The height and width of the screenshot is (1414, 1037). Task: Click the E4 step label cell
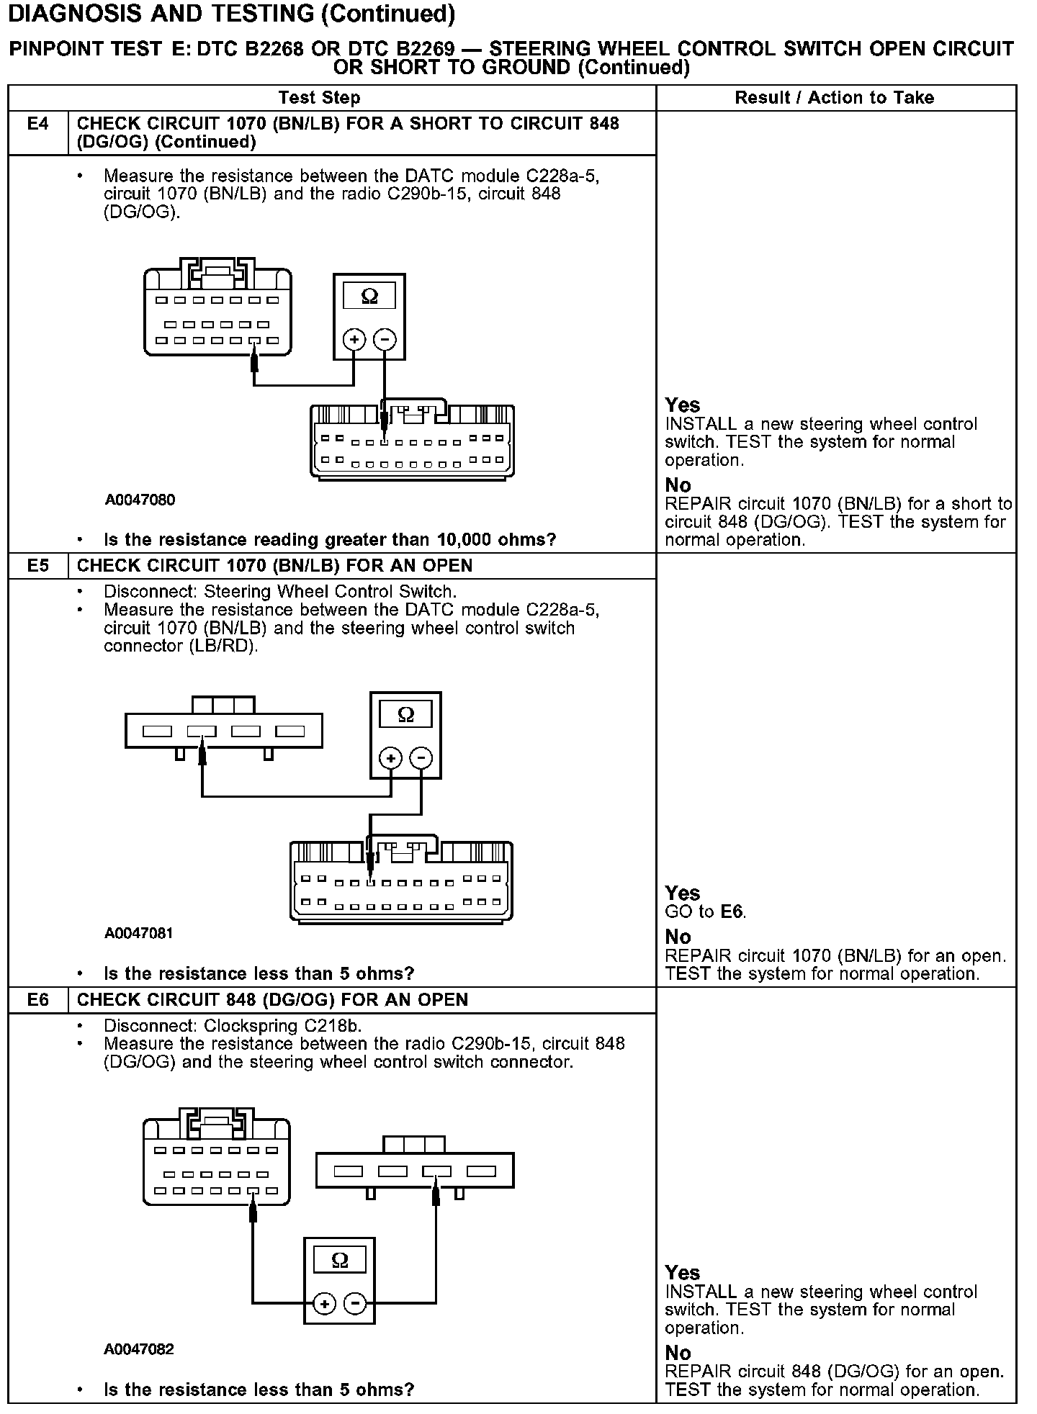click(x=37, y=124)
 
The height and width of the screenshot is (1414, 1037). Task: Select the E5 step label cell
click(x=37, y=566)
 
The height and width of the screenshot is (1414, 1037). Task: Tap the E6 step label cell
click(x=37, y=1000)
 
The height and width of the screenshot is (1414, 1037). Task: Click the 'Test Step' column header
click(x=319, y=98)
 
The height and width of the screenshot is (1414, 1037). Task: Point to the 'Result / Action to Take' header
click(x=834, y=98)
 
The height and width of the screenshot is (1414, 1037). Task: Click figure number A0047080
click(x=140, y=500)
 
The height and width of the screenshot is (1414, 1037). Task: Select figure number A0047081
click(x=139, y=934)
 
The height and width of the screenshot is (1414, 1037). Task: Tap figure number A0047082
click(x=139, y=1348)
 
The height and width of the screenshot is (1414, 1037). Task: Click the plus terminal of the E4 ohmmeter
click(x=354, y=339)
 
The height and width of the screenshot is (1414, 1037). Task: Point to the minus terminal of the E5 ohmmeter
click(x=421, y=757)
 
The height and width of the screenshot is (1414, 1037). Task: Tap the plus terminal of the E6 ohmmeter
click(x=325, y=1303)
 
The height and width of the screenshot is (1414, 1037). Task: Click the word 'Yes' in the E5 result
click(x=682, y=893)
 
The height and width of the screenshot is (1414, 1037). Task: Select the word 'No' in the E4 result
click(x=678, y=485)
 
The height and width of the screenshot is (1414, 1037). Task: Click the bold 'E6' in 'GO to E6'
click(x=732, y=912)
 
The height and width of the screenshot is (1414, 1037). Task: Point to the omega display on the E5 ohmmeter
click(x=406, y=714)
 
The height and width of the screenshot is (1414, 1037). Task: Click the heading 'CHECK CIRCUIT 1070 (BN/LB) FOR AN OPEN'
click(x=274, y=566)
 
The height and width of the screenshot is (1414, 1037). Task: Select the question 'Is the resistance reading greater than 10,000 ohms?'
click(x=330, y=540)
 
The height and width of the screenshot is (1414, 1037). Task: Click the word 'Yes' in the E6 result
click(x=682, y=1273)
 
